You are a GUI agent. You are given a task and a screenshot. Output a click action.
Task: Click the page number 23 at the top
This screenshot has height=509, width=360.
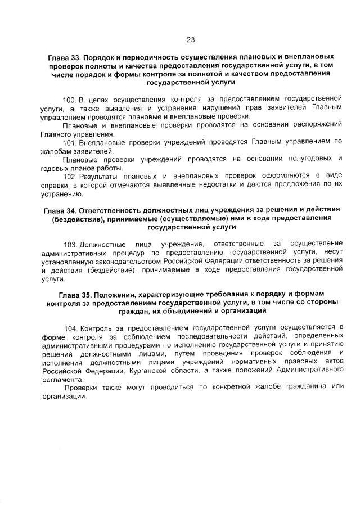tap(190, 39)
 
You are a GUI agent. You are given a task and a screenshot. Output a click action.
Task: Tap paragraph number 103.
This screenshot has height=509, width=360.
tap(71, 245)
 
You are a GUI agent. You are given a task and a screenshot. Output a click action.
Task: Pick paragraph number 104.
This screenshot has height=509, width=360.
tap(71, 327)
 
